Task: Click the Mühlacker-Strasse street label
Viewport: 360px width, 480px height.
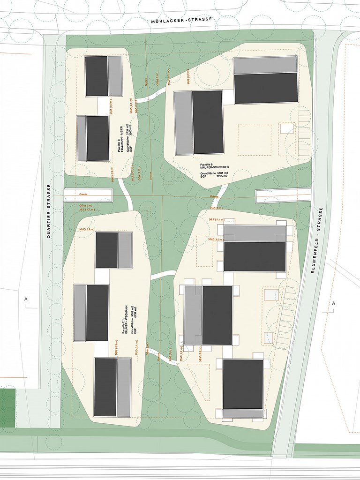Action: click(182, 20)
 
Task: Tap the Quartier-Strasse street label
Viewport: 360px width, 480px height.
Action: click(49, 211)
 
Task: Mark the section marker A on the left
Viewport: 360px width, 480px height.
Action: click(26, 299)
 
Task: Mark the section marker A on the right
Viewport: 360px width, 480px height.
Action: click(334, 304)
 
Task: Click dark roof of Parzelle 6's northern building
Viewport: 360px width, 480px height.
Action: click(97, 76)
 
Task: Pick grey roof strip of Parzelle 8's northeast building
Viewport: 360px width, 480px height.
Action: click(265, 65)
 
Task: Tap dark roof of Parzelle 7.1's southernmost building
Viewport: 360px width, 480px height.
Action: click(105, 387)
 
